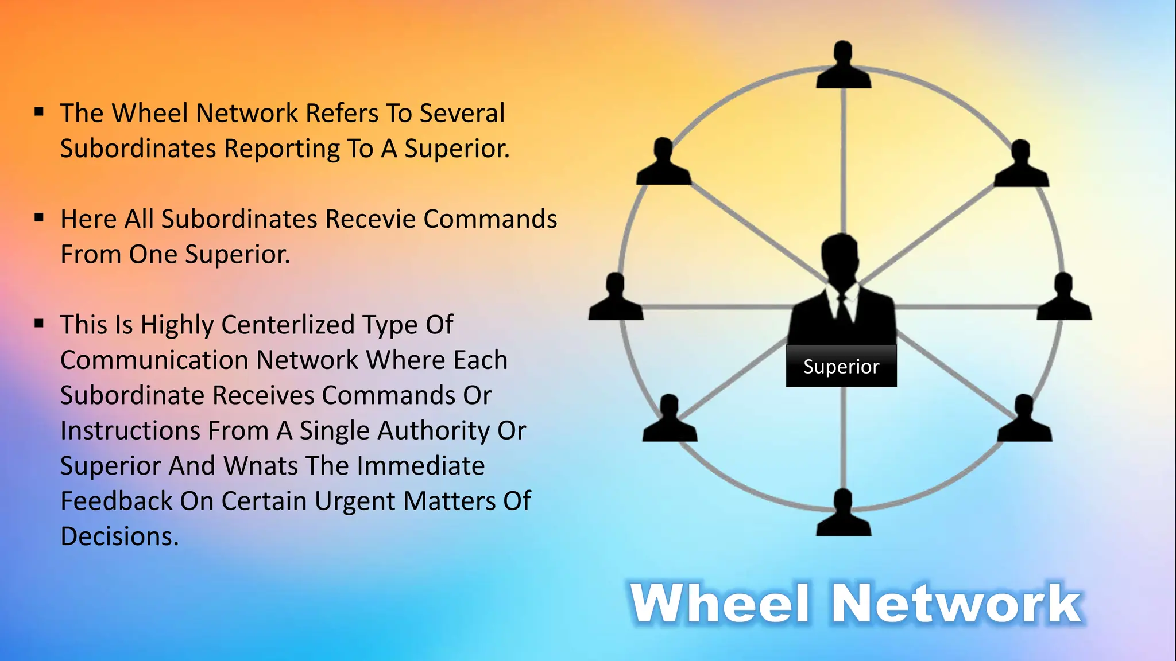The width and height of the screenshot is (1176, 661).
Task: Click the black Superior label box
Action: coord(841,366)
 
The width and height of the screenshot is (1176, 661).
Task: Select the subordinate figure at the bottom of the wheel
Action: coord(844,514)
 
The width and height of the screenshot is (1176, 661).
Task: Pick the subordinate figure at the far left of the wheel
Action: coord(616,298)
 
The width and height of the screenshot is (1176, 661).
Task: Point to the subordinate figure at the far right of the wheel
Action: coord(1064,298)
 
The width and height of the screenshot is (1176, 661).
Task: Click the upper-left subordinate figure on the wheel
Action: coord(664,164)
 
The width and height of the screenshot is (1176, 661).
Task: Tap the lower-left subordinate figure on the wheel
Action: coord(670,420)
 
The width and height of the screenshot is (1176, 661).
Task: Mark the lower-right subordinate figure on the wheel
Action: coord(1025,420)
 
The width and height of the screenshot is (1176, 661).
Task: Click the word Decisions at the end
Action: coord(119,536)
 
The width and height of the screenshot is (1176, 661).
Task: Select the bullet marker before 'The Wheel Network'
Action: coord(39,111)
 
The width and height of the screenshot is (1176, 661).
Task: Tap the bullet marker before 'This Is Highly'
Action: coord(39,323)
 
